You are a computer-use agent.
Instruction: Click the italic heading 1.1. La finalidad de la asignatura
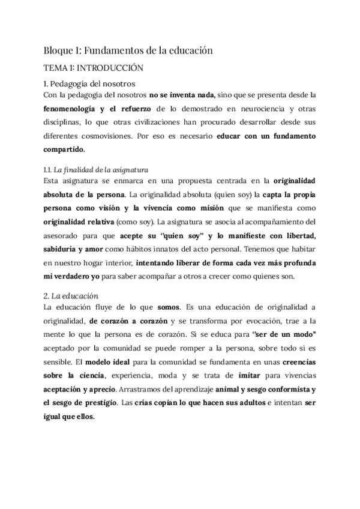[96, 170]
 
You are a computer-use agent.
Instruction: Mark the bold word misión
[209, 208]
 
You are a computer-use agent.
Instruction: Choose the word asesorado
[62, 234]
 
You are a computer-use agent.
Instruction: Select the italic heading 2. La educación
[71, 297]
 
